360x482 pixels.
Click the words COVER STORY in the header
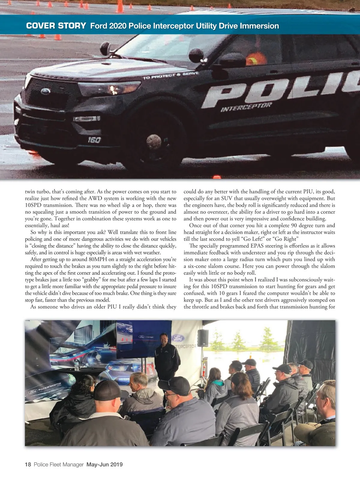coord(56,26)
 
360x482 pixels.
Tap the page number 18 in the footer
coord(28,464)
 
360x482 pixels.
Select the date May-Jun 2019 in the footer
coord(104,464)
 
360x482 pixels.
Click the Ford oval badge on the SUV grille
coord(46,91)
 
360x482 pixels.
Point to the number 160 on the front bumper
coord(94,140)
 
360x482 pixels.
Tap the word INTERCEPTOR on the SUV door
coord(246,107)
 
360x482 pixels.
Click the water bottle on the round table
coord(77,365)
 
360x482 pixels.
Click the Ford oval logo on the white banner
coord(178,338)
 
